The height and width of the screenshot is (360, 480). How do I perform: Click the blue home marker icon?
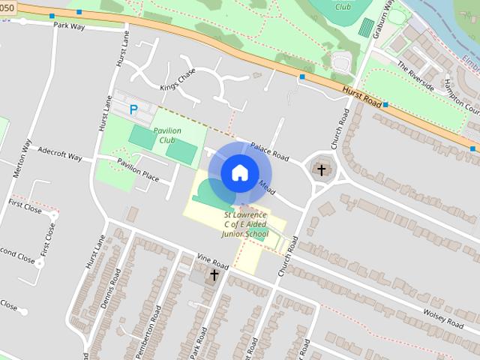[239, 172]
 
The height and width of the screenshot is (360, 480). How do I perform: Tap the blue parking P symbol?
[133, 109]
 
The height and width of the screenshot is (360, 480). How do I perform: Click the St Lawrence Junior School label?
[244, 223]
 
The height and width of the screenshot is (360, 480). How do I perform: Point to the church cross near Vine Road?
[214, 275]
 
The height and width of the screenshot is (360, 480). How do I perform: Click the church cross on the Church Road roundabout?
[322, 169]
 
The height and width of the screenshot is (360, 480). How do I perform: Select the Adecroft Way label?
[60, 156]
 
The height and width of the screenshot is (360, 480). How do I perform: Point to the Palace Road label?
[270, 152]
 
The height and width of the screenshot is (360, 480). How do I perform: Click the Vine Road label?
[212, 263]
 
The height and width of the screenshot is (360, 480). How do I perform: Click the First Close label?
[25, 205]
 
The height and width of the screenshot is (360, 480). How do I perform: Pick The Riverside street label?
[416, 75]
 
